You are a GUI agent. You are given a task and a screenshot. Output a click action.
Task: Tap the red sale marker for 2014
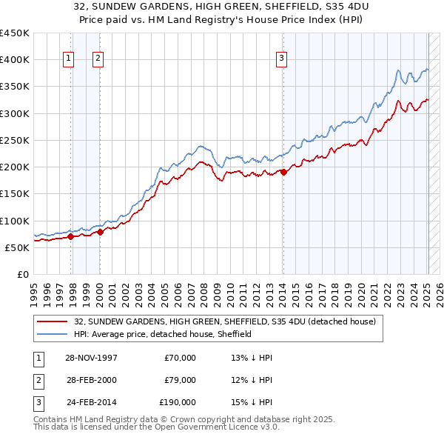coord(283,172)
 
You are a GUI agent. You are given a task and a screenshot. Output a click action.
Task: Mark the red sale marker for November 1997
coord(71,237)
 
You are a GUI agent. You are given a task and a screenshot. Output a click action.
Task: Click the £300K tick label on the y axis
coord(15,113)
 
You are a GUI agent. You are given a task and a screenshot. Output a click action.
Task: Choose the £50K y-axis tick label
coord(18,247)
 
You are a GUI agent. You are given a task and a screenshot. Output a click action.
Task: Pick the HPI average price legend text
coord(163,334)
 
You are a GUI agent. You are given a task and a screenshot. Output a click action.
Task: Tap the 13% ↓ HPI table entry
coord(252,358)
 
